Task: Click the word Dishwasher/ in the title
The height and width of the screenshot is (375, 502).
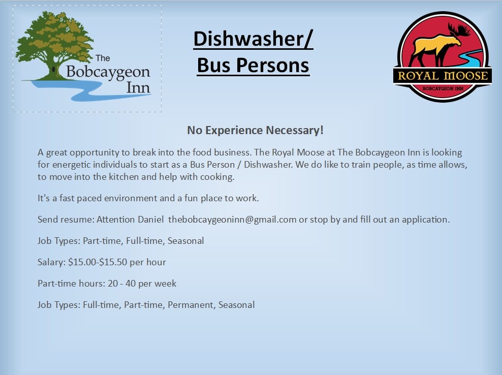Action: click(x=253, y=39)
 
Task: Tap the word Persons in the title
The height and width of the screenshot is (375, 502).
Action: click(x=273, y=66)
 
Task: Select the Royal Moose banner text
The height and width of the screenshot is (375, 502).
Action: click(x=443, y=76)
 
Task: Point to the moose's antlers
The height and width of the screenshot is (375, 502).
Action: click(x=458, y=30)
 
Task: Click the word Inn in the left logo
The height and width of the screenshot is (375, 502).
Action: click(x=138, y=87)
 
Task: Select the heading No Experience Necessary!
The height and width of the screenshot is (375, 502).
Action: click(x=255, y=131)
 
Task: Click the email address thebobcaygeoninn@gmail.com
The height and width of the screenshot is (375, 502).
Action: click(x=232, y=220)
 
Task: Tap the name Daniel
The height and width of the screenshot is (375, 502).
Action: click(x=151, y=220)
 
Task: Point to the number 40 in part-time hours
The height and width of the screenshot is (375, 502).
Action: click(x=131, y=284)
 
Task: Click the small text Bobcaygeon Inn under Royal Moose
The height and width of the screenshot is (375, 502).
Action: click(x=443, y=88)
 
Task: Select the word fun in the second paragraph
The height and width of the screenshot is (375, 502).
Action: click(x=191, y=198)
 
